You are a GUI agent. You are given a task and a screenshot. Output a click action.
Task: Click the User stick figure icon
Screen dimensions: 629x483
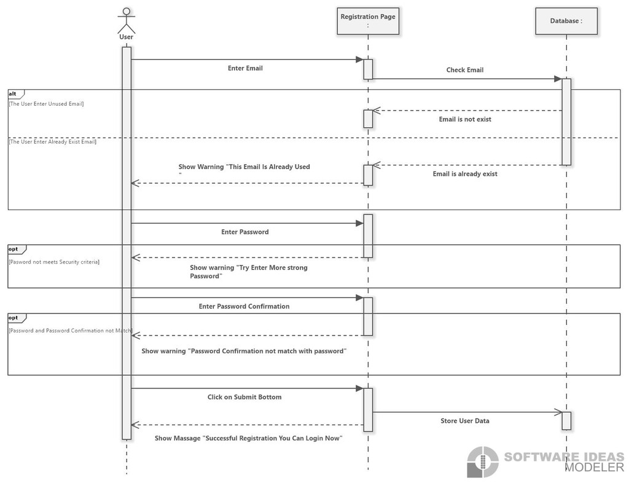pyautogui.click(x=127, y=20)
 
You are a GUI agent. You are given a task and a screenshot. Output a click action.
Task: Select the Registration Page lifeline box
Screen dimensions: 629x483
pyautogui.click(x=368, y=21)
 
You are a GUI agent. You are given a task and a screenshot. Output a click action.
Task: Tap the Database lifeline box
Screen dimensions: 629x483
pyautogui.click(x=566, y=21)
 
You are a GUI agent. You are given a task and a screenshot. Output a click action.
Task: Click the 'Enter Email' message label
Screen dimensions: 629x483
pyautogui.click(x=245, y=68)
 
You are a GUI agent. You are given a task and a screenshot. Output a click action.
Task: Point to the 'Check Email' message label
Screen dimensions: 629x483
pyautogui.click(x=465, y=70)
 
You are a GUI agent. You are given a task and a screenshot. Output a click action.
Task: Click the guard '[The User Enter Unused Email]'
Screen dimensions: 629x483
pyautogui.click(x=47, y=104)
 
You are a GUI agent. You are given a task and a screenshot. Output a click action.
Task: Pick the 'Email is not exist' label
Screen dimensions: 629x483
pyautogui.click(x=465, y=119)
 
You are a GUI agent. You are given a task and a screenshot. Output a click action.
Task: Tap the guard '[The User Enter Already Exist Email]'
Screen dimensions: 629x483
pyautogui.click(x=53, y=141)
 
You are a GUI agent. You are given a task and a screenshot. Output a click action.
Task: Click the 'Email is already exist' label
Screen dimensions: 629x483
pyautogui.click(x=465, y=174)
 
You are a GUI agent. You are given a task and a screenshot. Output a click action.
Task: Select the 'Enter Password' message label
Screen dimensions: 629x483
pyautogui.click(x=245, y=232)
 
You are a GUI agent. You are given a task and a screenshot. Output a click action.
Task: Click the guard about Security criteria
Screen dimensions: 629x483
pyautogui.click(x=54, y=262)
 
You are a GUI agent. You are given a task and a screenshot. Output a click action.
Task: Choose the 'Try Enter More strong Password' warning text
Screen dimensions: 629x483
pyautogui.click(x=249, y=272)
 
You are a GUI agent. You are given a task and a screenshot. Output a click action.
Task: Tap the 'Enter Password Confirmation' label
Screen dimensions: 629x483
pyautogui.click(x=244, y=307)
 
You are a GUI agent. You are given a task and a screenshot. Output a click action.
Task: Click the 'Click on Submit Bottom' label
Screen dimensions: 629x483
pyautogui.click(x=244, y=397)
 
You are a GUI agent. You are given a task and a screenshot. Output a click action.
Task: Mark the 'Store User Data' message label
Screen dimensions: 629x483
pyautogui.click(x=465, y=421)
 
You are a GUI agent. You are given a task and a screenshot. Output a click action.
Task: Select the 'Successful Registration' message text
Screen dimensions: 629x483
pyautogui.click(x=249, y=438)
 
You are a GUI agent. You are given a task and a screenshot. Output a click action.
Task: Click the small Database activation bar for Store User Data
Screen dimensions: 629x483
pyautogui.click(x=566, y=421)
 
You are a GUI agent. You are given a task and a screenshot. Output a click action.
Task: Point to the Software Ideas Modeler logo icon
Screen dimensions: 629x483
pyautogui.click(x=483, y=462)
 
